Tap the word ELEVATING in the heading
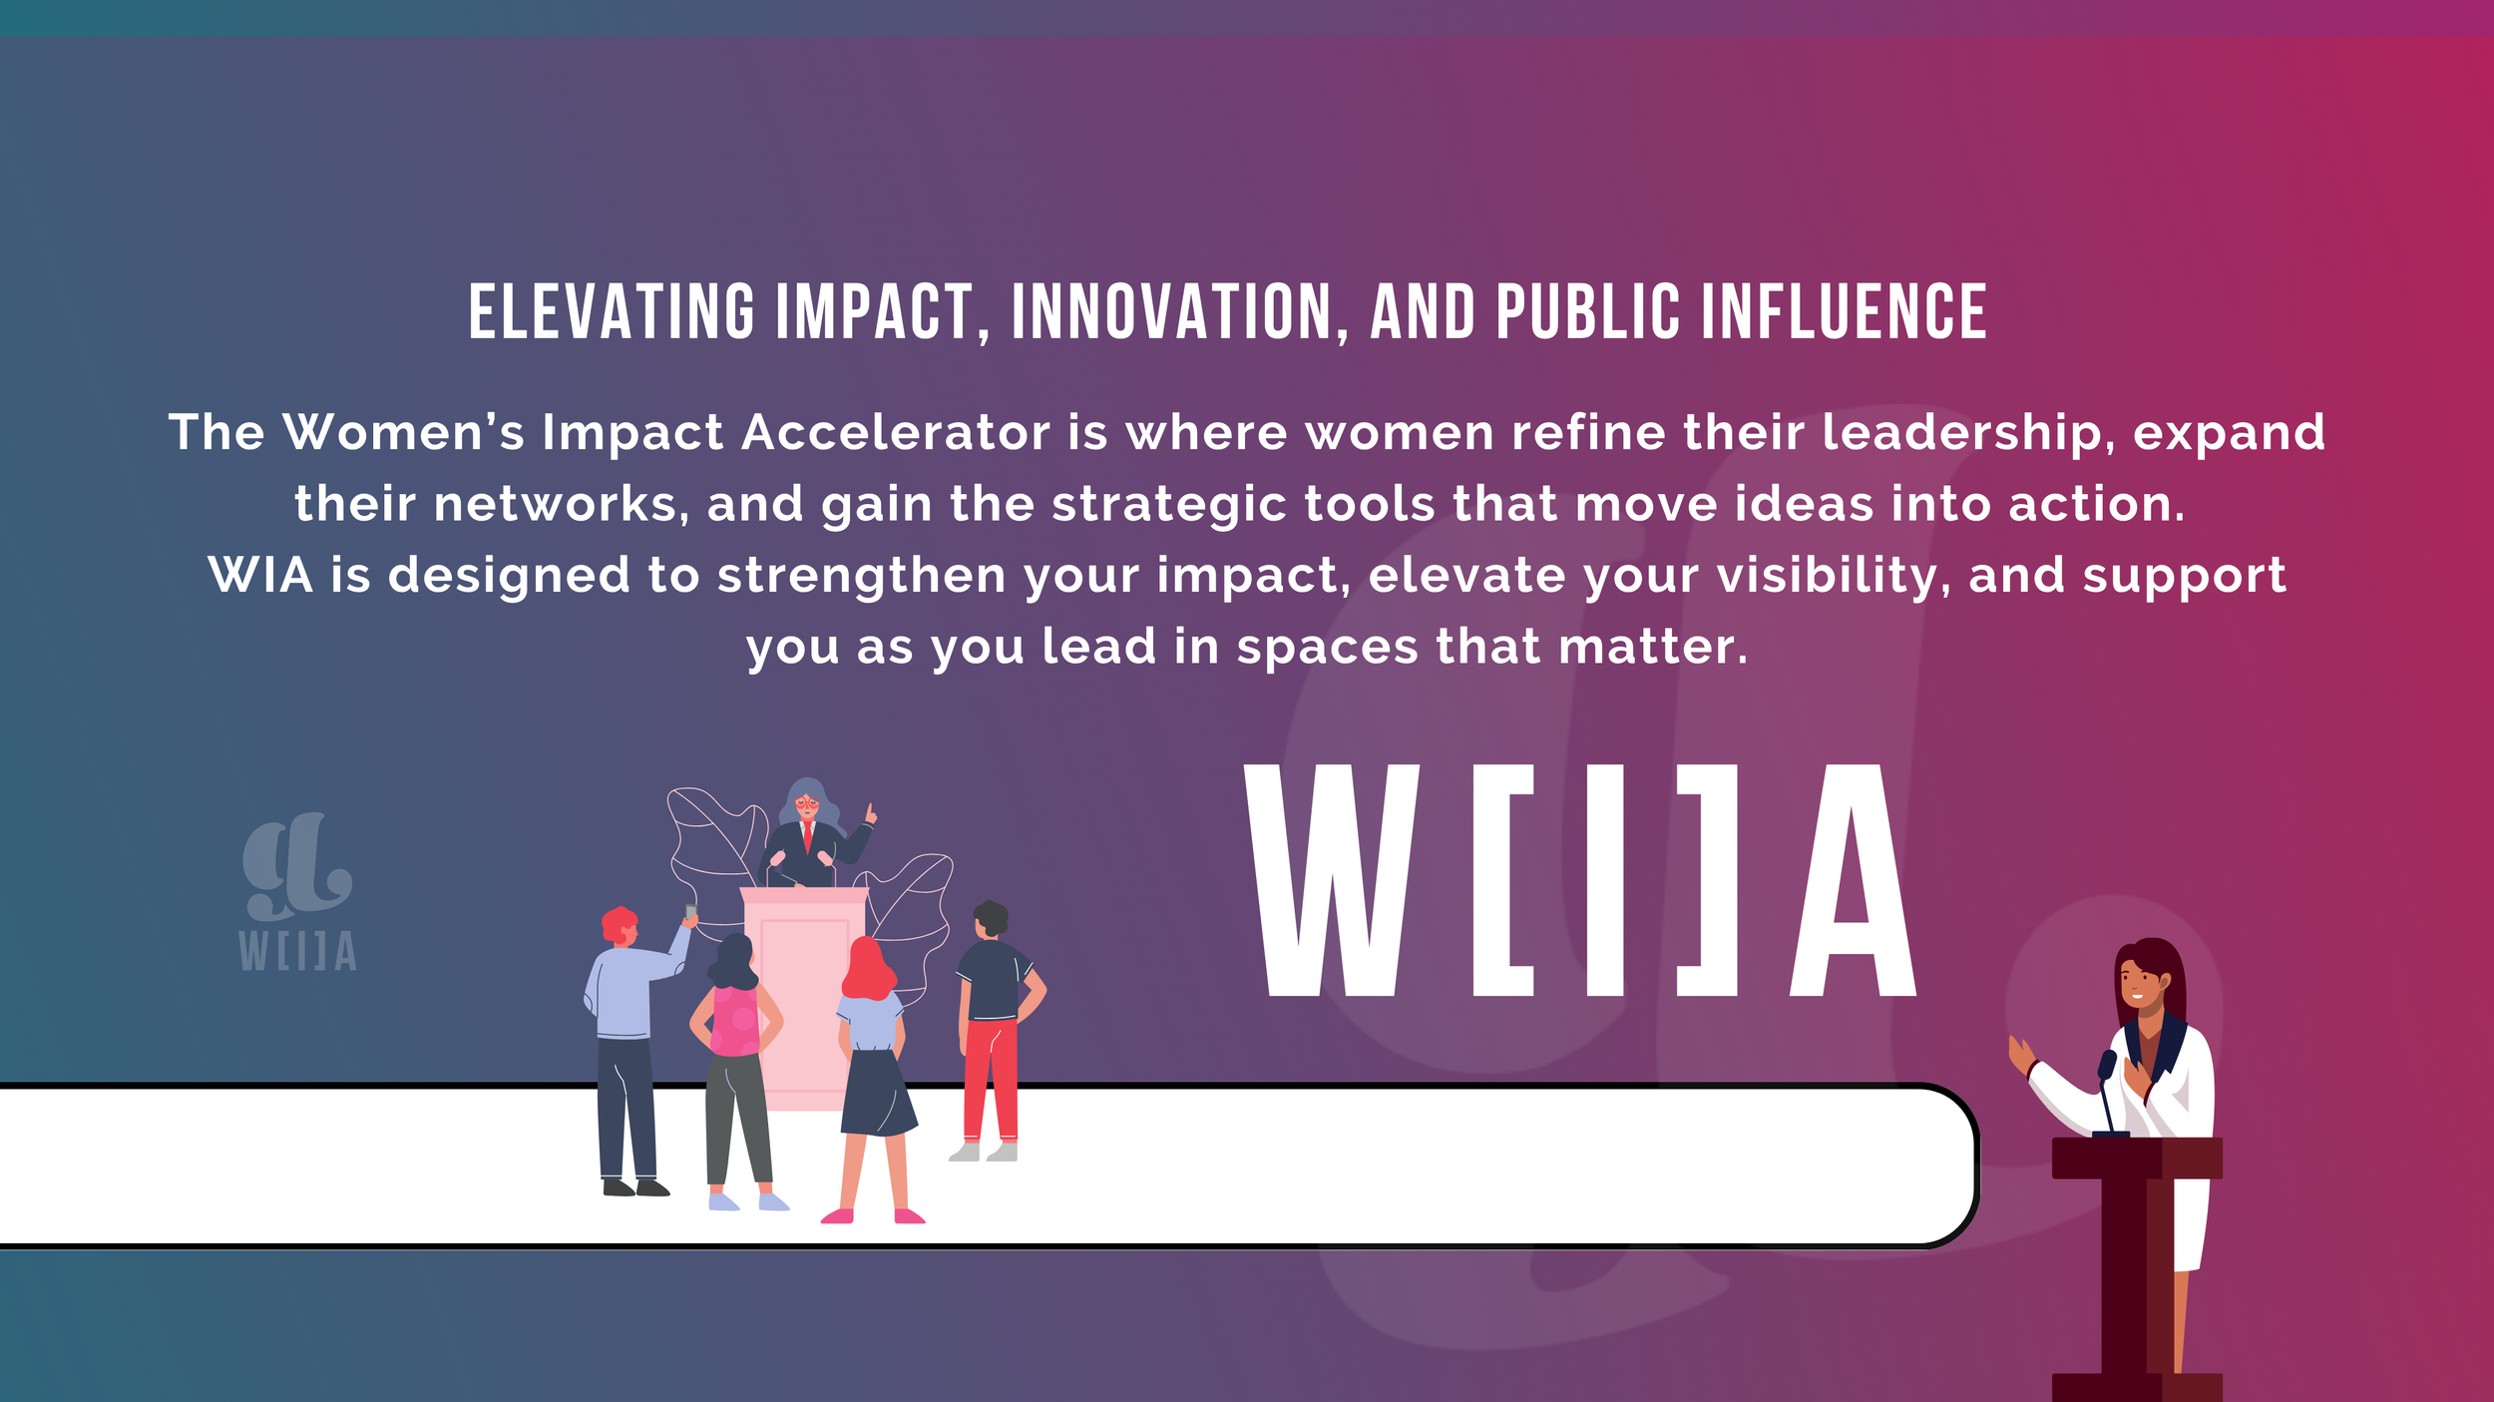coord(612,311)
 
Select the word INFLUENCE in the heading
coord(1844,311)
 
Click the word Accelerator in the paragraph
coord(896,433)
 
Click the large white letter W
coord(1332,880)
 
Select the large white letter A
coord(1854,880)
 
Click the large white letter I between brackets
coord(1605,880)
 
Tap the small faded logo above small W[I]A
coord(296,866)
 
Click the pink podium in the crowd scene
coord(803,998)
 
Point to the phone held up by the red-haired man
coord(690,912)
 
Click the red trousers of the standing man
coord(992,1080)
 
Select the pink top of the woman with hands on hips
coord(735,1020)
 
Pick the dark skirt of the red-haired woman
coord(877,1094)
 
